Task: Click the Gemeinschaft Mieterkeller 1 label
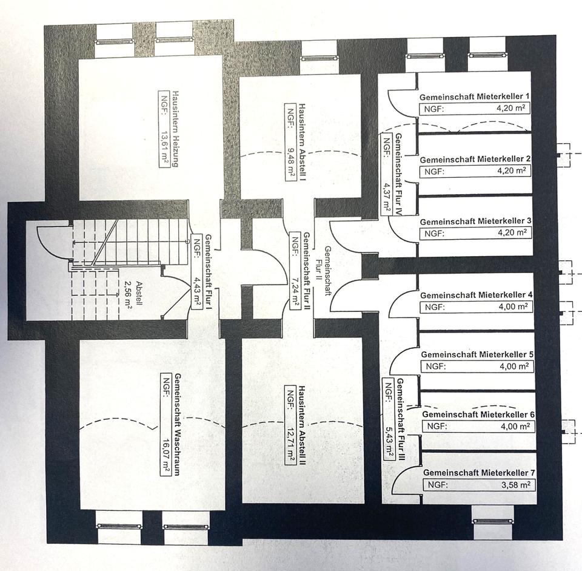[475, 97]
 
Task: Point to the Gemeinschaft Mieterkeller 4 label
[476, 295]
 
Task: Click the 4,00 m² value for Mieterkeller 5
[510, 367]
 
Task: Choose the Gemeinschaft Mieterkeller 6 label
[478, 414]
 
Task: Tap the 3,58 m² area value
[513, 484]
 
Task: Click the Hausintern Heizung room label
[176, 129]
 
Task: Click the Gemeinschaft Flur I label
[207, 271]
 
